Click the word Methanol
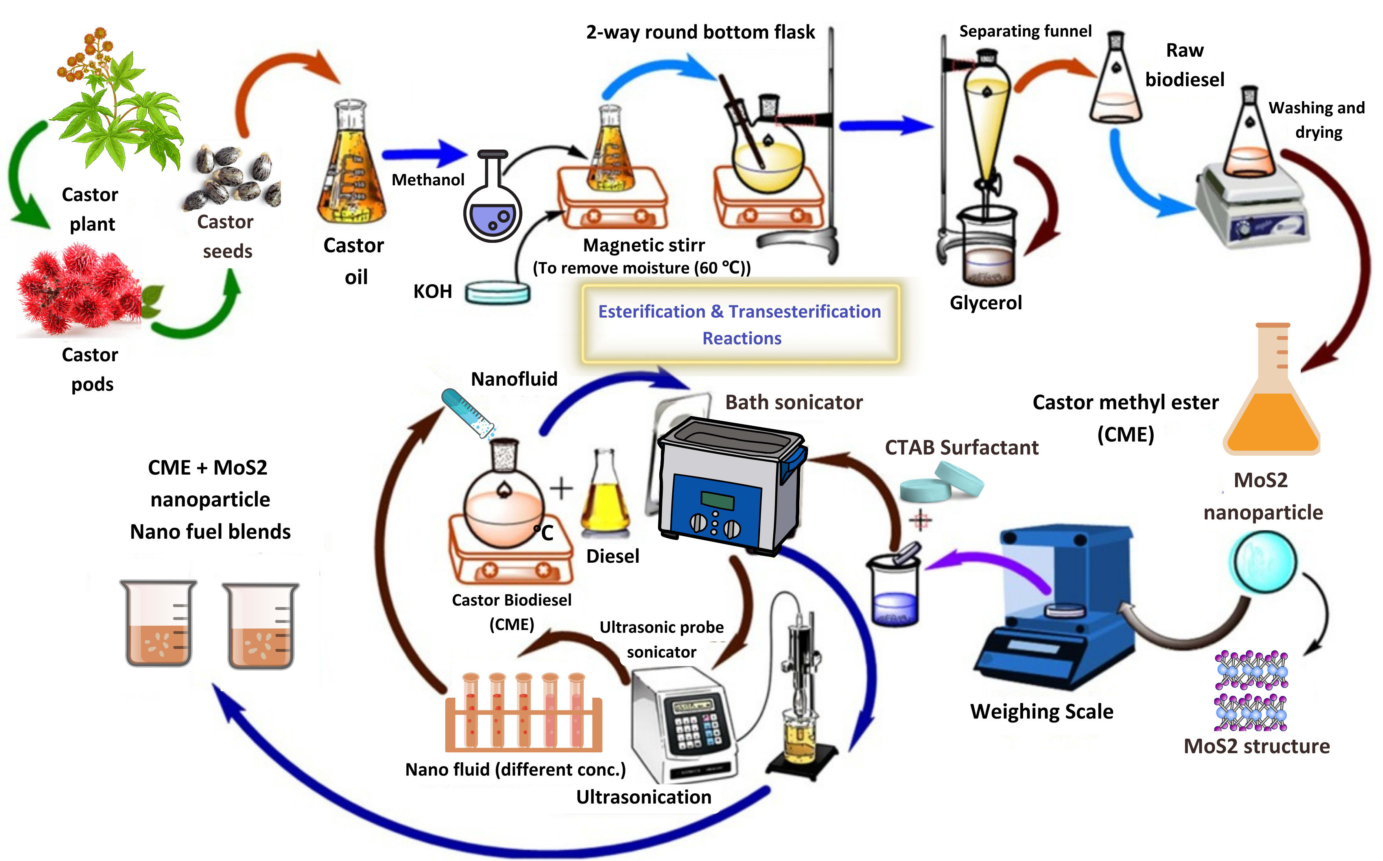[428, 180]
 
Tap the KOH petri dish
[498, 293]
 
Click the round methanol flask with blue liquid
[492, 210]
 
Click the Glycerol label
[986, 302]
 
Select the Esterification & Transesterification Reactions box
[740, 324]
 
